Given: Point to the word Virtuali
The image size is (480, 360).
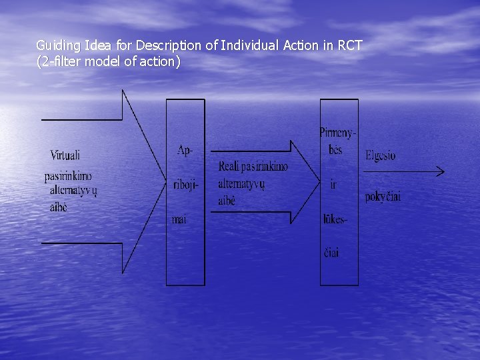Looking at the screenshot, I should pos(65,155).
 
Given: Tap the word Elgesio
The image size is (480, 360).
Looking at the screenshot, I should pos(380,155).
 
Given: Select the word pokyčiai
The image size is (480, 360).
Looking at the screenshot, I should pos(383,197).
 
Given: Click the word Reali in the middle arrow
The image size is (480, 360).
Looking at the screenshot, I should pos(229,167).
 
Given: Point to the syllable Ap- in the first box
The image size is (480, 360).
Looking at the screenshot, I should pos(185,150).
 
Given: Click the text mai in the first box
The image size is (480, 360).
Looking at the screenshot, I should pos(179,219).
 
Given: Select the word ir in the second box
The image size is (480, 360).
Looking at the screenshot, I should pos(333,184).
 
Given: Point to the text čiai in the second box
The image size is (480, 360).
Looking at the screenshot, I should pos(331,253).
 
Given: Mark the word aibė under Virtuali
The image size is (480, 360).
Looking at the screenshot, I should pos(59,207).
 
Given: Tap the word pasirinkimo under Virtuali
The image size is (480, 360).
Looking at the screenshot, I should pos(68,176).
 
